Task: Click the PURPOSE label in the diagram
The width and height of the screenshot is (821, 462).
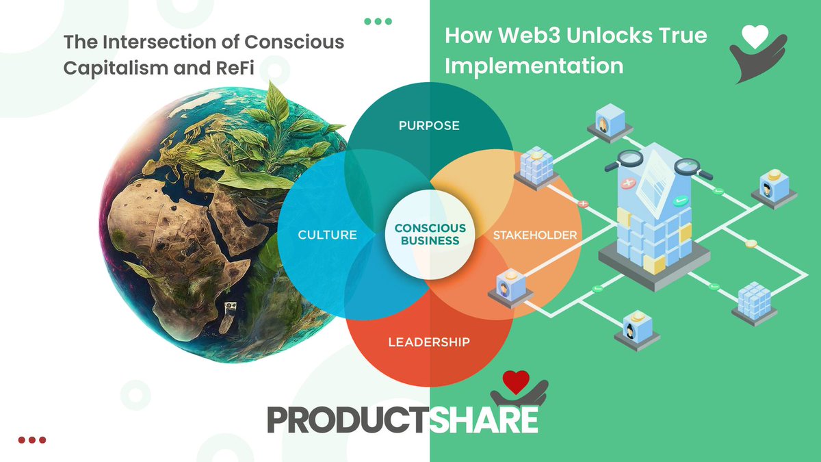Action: coord(429,126)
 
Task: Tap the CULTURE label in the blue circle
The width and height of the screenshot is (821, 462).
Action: coord(327,235)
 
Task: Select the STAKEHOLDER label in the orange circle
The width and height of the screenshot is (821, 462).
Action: coord(535,235)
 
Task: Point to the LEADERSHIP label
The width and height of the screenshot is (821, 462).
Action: coord(429,342)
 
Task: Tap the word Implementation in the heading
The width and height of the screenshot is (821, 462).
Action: coord(534,66)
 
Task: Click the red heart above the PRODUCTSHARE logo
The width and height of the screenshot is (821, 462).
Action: coord(514,382)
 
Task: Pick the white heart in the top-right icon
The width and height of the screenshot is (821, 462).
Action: coord(755,38)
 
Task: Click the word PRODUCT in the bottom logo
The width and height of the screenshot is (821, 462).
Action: coord(349,420)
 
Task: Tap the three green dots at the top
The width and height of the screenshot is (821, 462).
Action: coord(378,21)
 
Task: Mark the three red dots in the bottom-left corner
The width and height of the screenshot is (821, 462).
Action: coord(31,440)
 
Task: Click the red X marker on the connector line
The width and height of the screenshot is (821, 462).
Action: coord(583,203)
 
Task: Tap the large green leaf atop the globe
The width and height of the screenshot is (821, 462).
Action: coord(277,103)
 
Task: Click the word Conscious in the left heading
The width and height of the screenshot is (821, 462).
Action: coord(301,42)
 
